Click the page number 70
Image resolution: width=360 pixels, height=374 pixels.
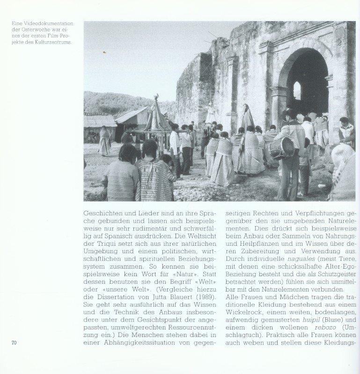point(14,343)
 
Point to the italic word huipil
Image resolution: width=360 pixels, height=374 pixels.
point(300,320)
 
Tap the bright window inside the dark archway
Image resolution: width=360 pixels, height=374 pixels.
point(297,90)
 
